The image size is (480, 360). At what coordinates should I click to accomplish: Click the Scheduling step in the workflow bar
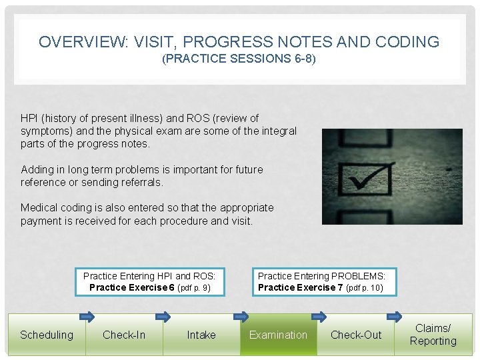click(x=47, y=335)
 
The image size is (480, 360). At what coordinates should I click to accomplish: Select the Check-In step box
click(x=124, y=335)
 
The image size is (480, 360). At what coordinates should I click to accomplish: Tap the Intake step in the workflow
click(x=201, y=335)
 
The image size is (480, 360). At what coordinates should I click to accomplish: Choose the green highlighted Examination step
click(x=278, y=335)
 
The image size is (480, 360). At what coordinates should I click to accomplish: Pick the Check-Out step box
click(x=356, y=335)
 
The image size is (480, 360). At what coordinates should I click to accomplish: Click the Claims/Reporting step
click(x=433, y=335)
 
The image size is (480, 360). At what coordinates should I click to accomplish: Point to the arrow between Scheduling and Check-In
click(x=86, y=317)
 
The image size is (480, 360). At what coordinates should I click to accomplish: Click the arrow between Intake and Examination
click(x=240, y=317)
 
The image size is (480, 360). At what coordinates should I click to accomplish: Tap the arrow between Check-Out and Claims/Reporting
click(x=394, y=317)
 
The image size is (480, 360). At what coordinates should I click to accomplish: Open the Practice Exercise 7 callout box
click(x=321, y=282)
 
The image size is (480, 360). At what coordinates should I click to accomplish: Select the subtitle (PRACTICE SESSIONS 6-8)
click(x=239, y=59)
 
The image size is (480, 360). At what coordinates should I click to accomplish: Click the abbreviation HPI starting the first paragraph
click(x=29, y=119)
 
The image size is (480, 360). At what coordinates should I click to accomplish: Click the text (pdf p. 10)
click(x=364, y=288)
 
